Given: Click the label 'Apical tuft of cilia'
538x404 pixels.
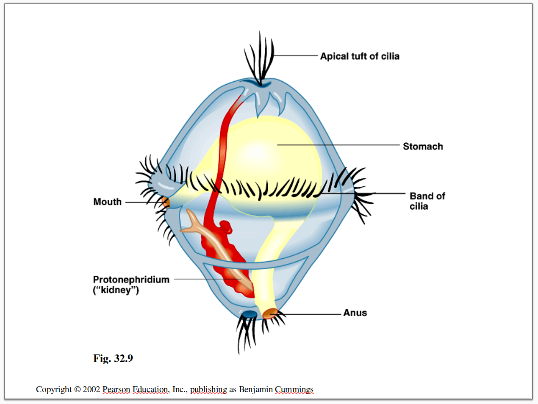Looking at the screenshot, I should pyautogui.click(x=360, y=56).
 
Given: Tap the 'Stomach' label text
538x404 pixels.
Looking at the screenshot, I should pyautogui.click(x=422, y=147).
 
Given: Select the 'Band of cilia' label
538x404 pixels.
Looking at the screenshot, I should pyautogui.click(x=427, y=201).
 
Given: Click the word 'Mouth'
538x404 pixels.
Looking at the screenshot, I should pyautogui.click(x=107, y=202).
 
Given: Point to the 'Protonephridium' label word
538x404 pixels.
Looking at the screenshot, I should pyautogui.click(x=131, y=279).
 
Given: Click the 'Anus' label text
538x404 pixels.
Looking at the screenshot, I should pyautogui.click(x=355, y=313).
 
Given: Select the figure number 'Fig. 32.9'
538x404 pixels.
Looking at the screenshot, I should pyautogui.click(x=113, y=359).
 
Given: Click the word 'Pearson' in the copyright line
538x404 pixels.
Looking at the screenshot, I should pyautogui.click(x=116, y=389).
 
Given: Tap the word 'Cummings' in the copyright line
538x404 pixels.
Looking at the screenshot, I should pyautogui.click(x=294, y=389).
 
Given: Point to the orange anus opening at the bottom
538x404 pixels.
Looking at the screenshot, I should pyautogui.click(x=269, y=314).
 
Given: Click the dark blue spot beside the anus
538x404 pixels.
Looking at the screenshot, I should pyautogui.click(x=249, y=314).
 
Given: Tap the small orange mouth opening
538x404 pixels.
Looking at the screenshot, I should pyautogui.click(x=166, y=202).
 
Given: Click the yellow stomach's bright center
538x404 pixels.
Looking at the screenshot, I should pyautogui.click(x=256, y=150).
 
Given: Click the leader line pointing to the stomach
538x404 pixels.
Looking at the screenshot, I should pyautogui.click(x=339, y=145).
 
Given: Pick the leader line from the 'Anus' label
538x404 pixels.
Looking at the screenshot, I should pyautogui.click(x=311, y=314).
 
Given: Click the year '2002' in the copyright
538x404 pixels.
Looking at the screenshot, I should pyautogui.click(x=92, y=389).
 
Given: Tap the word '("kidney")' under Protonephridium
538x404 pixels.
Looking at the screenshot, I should pyautogui.click(x=116, y=290).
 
